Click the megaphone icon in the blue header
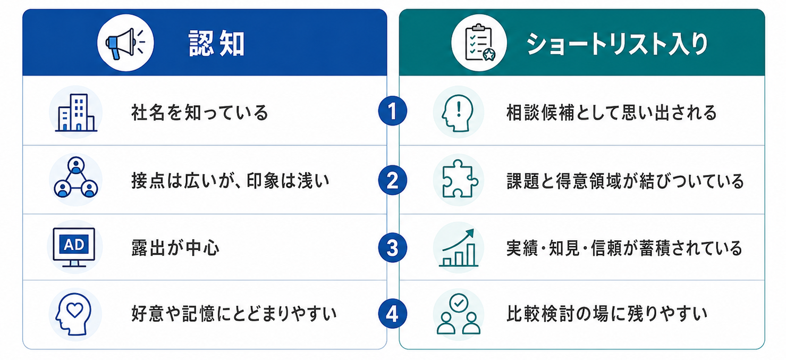coord(125,43)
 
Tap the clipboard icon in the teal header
coord(479,43)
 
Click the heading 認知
coord(216,44)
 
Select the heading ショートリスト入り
coord(617,44)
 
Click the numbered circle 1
coord(392,111)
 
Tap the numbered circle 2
coord(392,180)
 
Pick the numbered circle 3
coord(392,248)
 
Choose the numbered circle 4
coord(392,314)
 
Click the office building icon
coord(76,112)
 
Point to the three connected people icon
coord(76,178)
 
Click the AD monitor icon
coord(74,247)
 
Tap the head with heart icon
coord(73,314)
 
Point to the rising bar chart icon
coord(458,247)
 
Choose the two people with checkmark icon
coord(458,314)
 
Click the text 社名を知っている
coord(200,113)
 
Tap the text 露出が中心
coord(175,248)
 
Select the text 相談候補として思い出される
coord(611,113)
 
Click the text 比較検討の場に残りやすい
coord(607,314)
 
